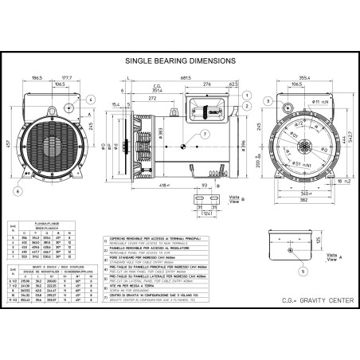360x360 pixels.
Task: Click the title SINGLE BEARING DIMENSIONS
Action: [180, 60]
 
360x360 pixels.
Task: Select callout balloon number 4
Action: [90, 99]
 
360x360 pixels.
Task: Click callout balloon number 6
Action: [18, 191]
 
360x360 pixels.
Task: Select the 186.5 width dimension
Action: [37, 78]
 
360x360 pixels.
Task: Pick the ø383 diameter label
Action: [161, 131]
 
